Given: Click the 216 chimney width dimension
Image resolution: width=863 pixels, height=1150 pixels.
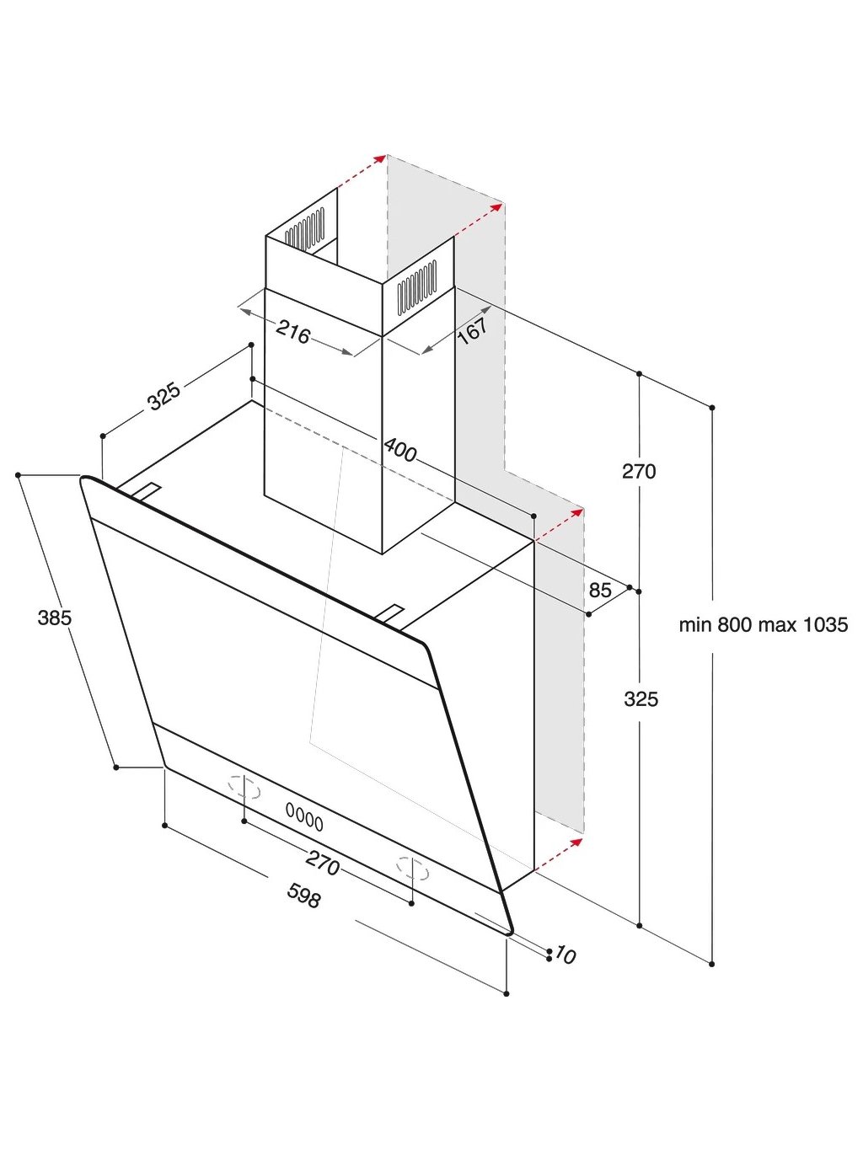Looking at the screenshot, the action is pyautogui.click(x=293, y=333).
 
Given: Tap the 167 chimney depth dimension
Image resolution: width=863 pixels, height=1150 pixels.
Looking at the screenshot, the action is pyautogui.click(x=472, y=329).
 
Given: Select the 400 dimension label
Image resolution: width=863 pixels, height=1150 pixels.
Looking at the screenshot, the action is pyautogui.click(x=400, y=450).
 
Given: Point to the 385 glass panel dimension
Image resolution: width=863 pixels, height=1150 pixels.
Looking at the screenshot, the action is pyautogui.click(x=55, y=618).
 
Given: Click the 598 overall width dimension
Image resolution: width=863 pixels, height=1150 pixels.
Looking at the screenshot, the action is pyautogui.click(x=304, y=895).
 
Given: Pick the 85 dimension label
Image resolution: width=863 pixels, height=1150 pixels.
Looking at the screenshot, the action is pyautogui.click(x=600, y=590).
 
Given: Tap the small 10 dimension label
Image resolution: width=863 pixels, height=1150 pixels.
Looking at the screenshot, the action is pyautogui.click(x=566, y=955).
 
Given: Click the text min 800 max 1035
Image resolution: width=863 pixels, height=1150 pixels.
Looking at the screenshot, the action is pyautogui.click(x=764, y=625).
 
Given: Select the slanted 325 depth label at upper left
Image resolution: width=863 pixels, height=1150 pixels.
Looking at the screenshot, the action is pyautogui.click(x=164, y=396).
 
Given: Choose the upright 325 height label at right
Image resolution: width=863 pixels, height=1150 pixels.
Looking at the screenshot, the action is pyautogui.click(x=641, y=698).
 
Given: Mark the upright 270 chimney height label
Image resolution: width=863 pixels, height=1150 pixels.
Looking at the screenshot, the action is pyautogui.click(x=639, y=472).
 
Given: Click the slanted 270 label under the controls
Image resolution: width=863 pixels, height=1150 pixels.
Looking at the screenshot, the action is pyautogui.click(x=323, y=863).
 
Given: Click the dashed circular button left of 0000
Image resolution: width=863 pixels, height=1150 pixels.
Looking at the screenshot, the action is pyautogui.click(x=244, y=787).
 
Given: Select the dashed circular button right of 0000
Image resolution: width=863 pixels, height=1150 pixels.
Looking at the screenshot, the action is pyautogui.click(x=413, y=869).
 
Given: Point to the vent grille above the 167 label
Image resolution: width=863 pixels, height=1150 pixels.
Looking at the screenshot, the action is pyautogui.click(x=416, y=286).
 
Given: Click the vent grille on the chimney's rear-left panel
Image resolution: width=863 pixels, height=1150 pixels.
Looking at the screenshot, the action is pyautogui.click(x=304, y=227).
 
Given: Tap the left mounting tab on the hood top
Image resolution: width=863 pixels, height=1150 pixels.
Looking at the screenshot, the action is pyautogui.click(x=145, y=492).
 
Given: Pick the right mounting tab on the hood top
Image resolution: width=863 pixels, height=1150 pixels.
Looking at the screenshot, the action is pyautogui.click(x=390, y=613).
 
